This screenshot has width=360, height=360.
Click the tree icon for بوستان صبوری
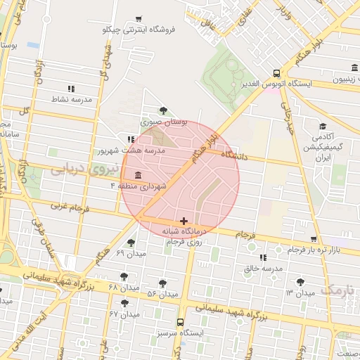(x=164, y=110)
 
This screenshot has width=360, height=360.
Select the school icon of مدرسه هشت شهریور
(x=131, y=139)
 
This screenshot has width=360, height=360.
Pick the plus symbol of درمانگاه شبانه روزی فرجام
(x=184, y=221)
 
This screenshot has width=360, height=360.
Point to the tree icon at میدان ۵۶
(x=162, y=283)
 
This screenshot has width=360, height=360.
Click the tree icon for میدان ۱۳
(x=301, y=281)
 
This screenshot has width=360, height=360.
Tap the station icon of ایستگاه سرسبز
(x=181, y=321)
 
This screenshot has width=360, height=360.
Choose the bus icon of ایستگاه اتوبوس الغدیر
(x=277, y=72)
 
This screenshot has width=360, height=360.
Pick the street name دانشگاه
(x=234, y=153)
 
